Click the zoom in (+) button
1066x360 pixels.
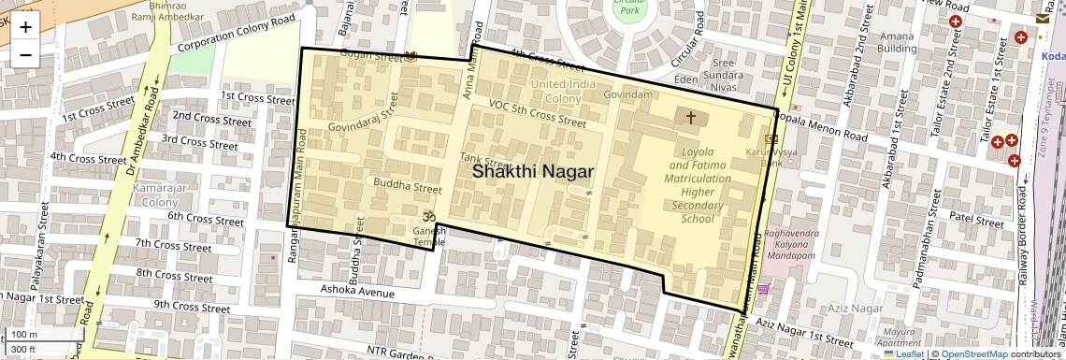coord(25,27)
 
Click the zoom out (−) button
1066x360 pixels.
coord(25,54)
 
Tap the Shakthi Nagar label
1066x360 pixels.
coord(532,171)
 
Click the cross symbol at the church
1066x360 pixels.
coord(691,118)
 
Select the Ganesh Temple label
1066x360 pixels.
coord(429,236)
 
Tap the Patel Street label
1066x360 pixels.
coord(976,219)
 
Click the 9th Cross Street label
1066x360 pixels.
coord(192,306)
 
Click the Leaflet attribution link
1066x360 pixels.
coord(903,354)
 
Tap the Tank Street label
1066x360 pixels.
coord(483,163)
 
